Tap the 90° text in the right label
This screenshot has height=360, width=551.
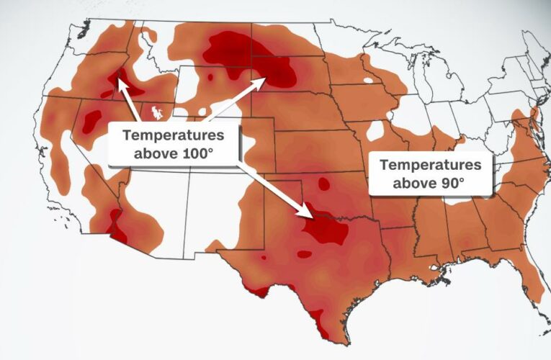(449, 183)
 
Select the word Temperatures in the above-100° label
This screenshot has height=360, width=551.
(173, 135)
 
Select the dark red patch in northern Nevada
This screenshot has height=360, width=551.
(91, 120)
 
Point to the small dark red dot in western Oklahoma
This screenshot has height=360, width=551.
(323, 185)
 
